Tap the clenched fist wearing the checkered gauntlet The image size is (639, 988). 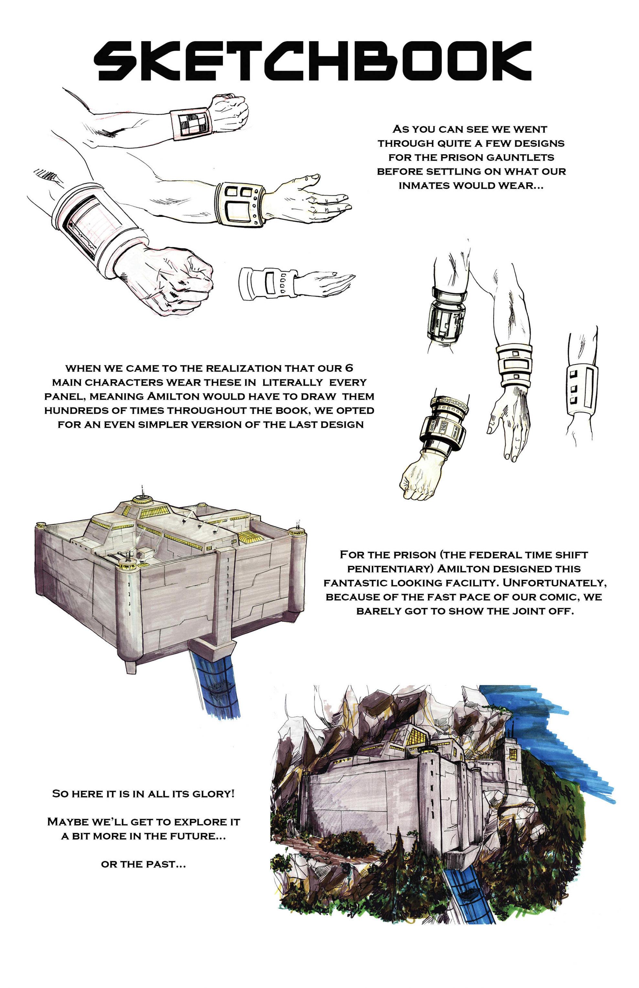(x=228, y=112)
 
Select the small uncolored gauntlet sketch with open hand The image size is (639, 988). (x=297, y=284)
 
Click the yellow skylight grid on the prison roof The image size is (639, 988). (x=250, y=537)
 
